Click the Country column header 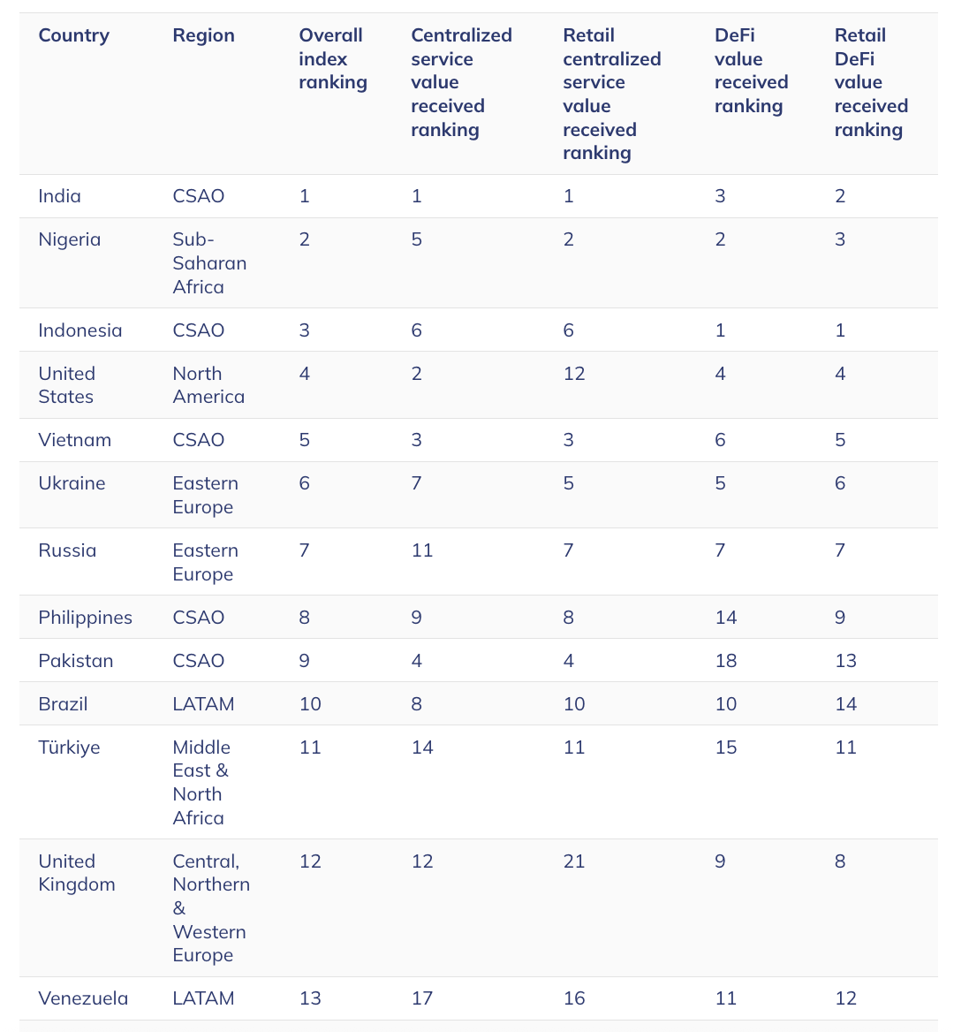(74, 35)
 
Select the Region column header (203, 35)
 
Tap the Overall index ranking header (332, 59)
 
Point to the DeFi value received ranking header (751, 71)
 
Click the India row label (60, 196)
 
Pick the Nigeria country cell (70, 239)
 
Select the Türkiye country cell (69, 747)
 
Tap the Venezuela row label (83, 998)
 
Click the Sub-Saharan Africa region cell (209, 263)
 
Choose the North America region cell (208, 385)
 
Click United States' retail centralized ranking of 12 (574, 374)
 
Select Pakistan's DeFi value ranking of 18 (726, 661)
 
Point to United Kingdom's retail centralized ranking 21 (574, 861)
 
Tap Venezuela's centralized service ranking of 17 (422, 998)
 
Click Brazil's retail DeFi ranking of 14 (845, 704)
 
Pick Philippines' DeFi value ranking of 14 (726, 618)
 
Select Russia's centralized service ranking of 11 (422, 550)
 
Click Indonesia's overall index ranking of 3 (305, 330)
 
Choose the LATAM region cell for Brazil (203, 704)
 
